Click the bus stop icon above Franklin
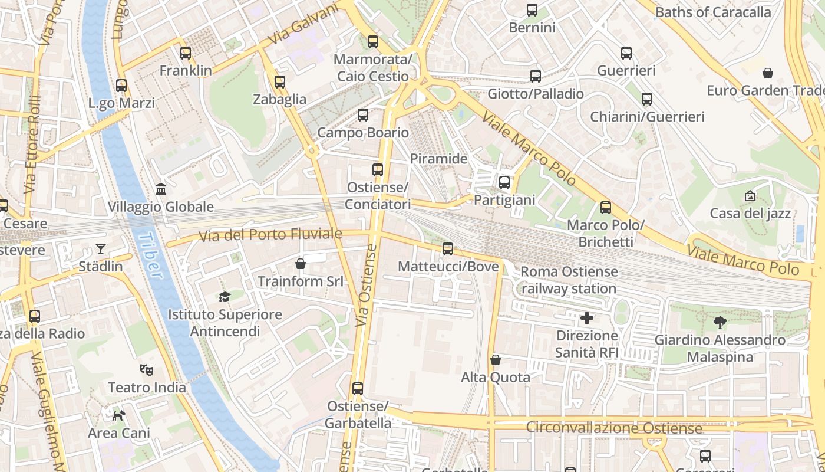coord(186,53)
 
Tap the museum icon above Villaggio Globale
coord(161,189)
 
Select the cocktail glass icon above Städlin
coord(101,249)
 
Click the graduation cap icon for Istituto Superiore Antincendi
coord(225,297)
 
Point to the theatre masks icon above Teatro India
coord(147,370)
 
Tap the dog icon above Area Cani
coord(119,415)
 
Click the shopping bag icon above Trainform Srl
coord(301,264)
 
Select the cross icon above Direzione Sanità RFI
coord(587,319)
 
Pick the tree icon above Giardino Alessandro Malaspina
coord(720,323)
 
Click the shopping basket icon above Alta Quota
coord(496,360)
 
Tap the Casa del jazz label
coord(750,213)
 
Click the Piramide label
coord(438,159)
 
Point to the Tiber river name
coord(148,254)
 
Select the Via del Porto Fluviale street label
coord(270,235)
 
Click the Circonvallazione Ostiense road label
coord(613,428)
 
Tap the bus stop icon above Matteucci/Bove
coord(448,249)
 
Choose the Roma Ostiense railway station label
coord(569,280)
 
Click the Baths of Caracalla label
coord(713,12)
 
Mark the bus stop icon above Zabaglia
coord(280,82)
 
